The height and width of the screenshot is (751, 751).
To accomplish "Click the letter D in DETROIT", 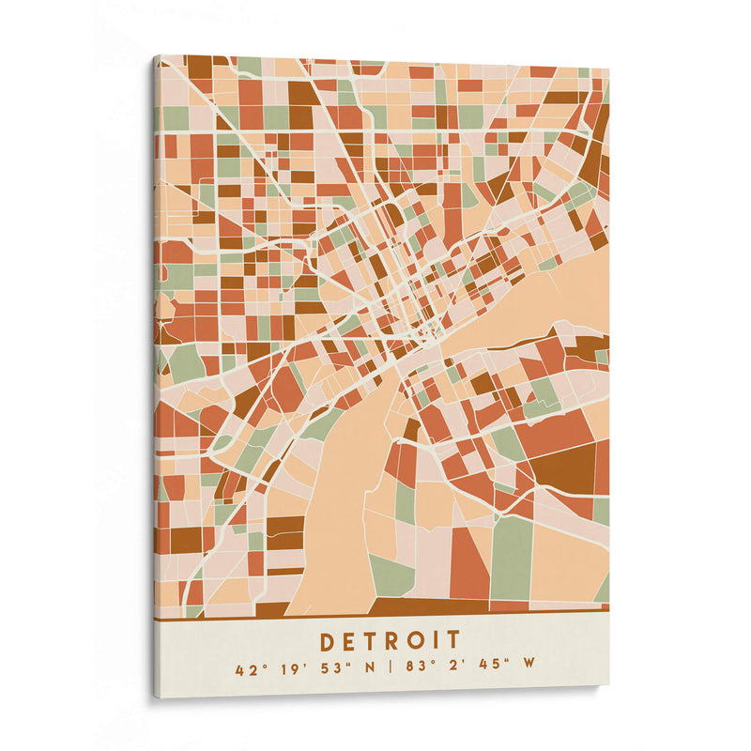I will coord(329,641).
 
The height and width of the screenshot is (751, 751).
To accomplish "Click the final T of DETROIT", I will coord(454,641).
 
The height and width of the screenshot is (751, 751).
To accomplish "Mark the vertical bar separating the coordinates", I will coord(385,670).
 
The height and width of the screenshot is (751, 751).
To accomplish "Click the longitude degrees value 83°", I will coord(415,670).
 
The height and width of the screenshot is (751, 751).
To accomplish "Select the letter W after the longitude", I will coord(529,670).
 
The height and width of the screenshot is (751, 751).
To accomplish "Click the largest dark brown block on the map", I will coord(563,467).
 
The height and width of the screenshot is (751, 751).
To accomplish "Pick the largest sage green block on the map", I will coord(512,558).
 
